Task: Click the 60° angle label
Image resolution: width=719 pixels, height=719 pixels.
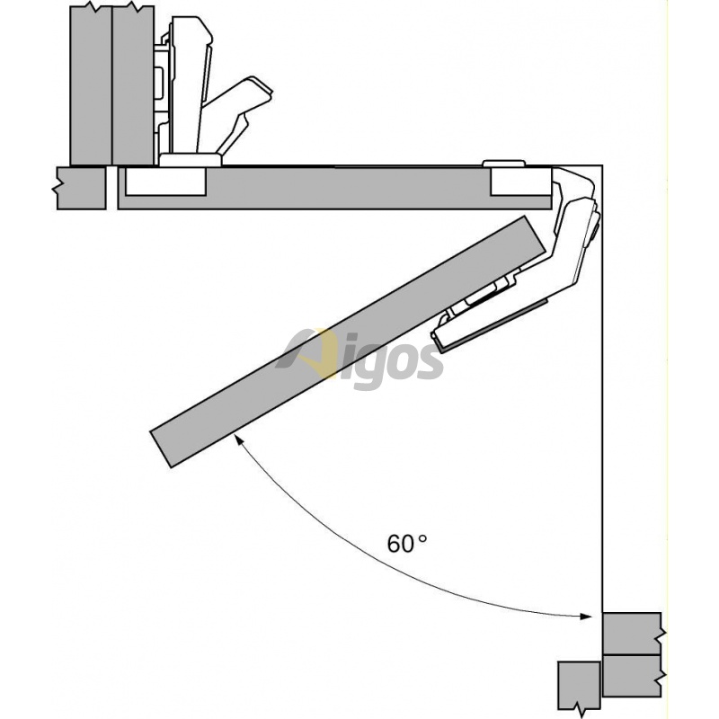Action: [x=407, y=544]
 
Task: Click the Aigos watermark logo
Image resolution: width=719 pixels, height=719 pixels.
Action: [x=360, y=358]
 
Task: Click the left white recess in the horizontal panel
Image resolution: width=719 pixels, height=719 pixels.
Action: [x=165, y=182]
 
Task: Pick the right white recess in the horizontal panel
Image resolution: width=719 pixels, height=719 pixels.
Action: [x=521, y=182]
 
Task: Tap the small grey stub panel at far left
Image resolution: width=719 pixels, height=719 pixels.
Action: [x=81, y=188]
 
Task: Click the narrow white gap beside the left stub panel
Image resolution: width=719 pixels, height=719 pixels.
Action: [x=111, y=188]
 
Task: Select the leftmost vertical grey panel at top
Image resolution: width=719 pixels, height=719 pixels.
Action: [x=91, y=85]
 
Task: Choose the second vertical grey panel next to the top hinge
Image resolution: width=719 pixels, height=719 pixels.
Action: [x=133, y=85]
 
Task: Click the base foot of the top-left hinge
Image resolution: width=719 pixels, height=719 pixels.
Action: [x=190, y=160]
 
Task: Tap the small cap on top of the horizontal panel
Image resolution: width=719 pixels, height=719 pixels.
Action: [x=503, y=164]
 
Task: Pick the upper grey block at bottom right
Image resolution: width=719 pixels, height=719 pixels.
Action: [x=632, y=634]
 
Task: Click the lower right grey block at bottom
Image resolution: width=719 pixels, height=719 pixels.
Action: [x=632, y=677]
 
